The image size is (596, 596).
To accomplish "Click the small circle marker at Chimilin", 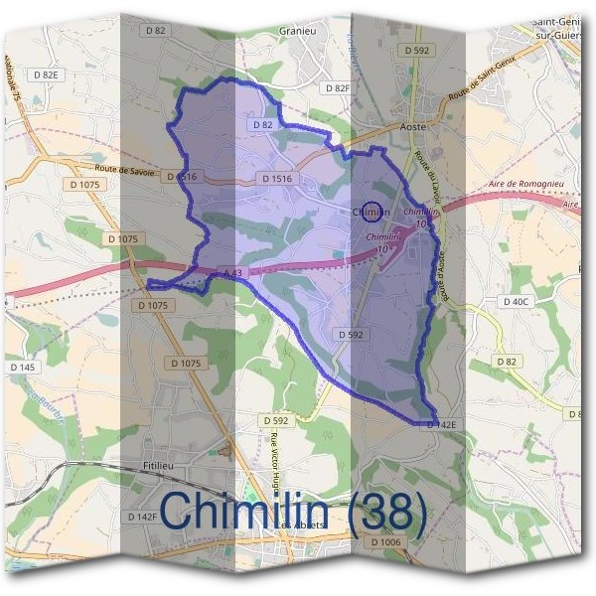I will point(372,211).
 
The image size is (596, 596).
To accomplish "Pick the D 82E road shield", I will point(46,74).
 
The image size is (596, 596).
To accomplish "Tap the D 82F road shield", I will point(337,88).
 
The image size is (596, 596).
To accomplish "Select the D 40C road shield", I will point(516,301).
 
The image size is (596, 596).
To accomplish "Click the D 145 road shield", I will point(22,368).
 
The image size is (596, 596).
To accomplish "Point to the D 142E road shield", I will point(441,424).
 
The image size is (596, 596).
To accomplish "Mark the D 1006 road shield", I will point(386,542).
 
